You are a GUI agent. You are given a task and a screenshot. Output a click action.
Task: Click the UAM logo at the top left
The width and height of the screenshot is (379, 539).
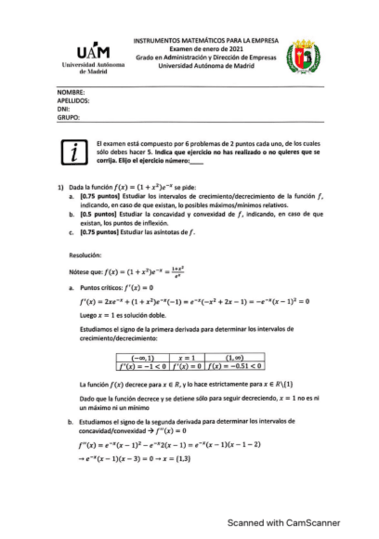coord(88,59)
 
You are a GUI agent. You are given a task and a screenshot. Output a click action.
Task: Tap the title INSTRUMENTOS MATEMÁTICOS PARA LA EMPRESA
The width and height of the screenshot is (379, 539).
coord(205,39)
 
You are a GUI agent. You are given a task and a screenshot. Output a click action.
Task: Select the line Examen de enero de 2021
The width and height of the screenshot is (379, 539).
coord(205,48)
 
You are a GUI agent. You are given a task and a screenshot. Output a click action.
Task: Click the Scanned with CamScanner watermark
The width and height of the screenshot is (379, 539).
coord(284,522)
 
